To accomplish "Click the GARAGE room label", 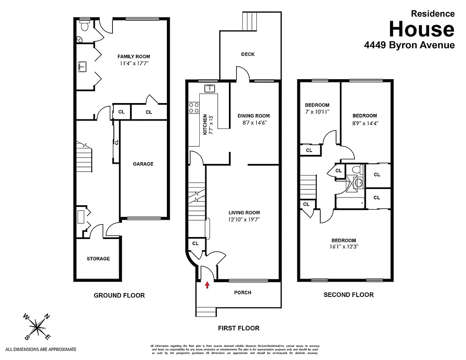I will point(143,164).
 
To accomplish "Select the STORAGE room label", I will point(98,259).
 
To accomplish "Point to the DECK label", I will point(248,54).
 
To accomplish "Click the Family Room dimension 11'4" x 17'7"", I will point(134,63).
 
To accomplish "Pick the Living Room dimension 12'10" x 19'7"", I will point(244,220).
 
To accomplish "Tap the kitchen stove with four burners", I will point(194,108).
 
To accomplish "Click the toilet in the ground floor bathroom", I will point(83,26).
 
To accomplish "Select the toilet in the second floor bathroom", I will point(356,170).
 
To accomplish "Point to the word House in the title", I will point(421,29).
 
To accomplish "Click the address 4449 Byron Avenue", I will point(409,45).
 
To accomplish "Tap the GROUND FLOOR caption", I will point(119,296).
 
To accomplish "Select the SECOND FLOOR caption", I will point(349,295).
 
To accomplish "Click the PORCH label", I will point(243,292).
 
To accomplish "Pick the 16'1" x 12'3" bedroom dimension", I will point(344,247).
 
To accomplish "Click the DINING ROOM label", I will point(254,116).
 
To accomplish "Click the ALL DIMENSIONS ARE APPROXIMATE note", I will point(41,349).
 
